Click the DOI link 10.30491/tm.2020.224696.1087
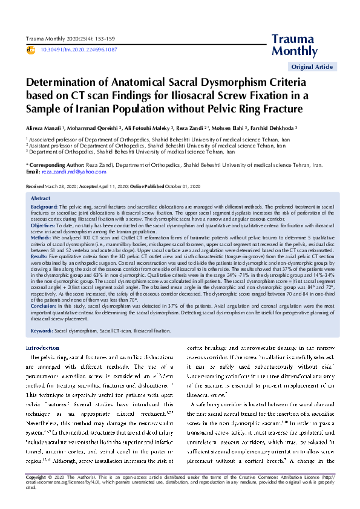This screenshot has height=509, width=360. tap(79, 50)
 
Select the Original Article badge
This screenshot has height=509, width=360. tap(312, 66)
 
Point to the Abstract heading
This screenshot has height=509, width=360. tap(40, 198)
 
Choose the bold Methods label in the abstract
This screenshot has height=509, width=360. tap(41, 238)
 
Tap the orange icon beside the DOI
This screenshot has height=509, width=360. tap(31, 50)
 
